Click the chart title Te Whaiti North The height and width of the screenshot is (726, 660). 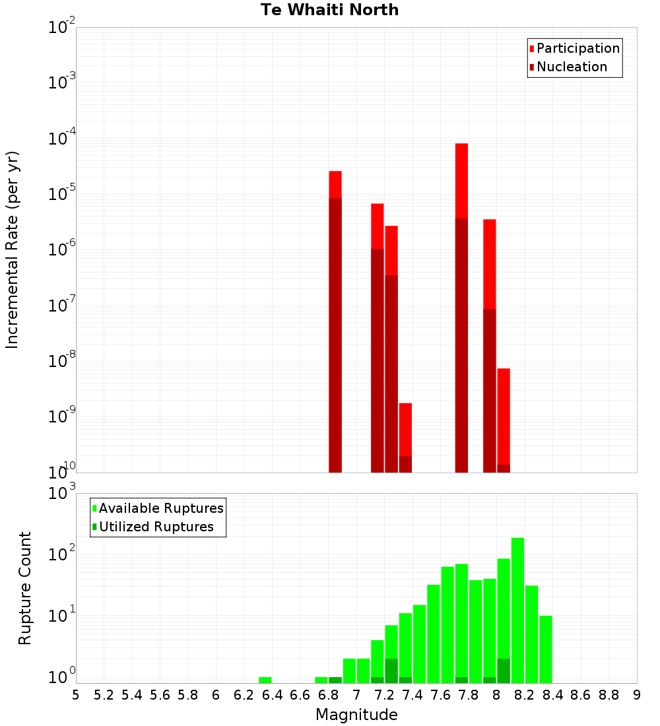tap(329, 11)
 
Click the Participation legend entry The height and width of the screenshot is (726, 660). tap(577, 49)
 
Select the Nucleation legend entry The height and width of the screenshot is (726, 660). tap(571, 67)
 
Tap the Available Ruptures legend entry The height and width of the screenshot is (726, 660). tap(160, 509)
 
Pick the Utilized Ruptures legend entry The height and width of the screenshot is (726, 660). tap(156, 527)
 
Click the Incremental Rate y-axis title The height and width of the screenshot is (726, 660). tap(13, 250)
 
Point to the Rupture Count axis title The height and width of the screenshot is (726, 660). tap(25, 588)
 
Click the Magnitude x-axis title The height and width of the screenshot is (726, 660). tap(356, 715)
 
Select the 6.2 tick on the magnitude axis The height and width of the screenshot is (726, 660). tap(244, 695)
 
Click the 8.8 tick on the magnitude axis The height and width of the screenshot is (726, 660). tap(609, 695)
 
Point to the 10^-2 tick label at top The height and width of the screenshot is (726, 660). tap(62, 28)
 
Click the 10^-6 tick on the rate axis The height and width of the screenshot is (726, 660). tap(62, 250)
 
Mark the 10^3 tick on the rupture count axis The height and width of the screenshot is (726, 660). tap(62, 494)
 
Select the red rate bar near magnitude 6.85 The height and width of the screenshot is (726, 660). tap(335, 184)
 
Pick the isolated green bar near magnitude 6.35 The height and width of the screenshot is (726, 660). tap(265, 680)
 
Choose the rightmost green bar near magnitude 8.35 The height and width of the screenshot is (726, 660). tap(546, 649)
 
